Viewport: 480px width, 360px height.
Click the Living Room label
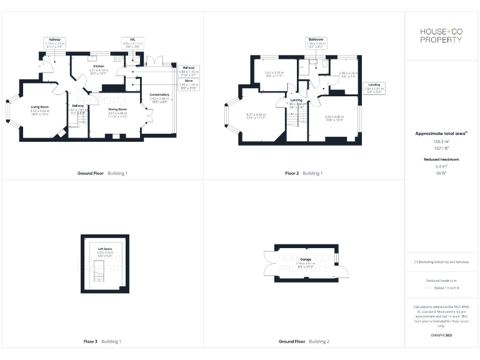click(x=40, y=107)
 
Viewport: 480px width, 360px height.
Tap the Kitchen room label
click(x=98, y=66)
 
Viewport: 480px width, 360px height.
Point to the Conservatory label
click(x=159, y=95)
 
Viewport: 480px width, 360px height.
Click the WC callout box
click(x=132, y=42)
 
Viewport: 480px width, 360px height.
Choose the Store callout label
click(x=188, y=81)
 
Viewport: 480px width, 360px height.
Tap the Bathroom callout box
click(x=315, y=42)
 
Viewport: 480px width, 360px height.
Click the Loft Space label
click(x=104, y=248)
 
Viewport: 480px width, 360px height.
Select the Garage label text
click(x=306, y=259)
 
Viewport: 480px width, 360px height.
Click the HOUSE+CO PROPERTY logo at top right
click(x=442, y=35)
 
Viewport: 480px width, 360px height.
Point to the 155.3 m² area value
click(x=442, y=142)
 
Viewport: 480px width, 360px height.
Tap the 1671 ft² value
click(x=442, y=148)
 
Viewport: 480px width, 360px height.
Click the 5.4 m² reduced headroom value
click(x=442, y=166)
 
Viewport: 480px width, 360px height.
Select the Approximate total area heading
click(x=442, y=133)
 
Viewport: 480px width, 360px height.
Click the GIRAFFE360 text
click(x=442, y=336)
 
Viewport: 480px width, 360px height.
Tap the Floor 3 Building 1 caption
click(x=102, y=341)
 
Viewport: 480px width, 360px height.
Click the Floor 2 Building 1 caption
click(x=304, y=172)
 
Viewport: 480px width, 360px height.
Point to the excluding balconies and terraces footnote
click(x=442, y=262)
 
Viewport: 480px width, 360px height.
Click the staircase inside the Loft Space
click(x=97, y=273)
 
